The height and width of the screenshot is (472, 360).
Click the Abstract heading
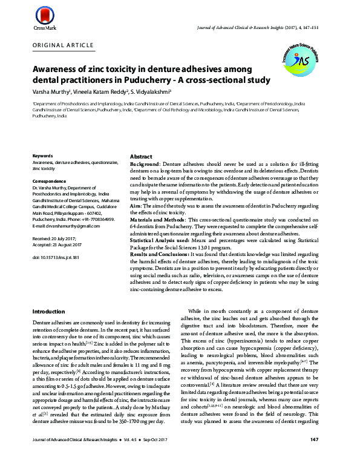tap(141, 157)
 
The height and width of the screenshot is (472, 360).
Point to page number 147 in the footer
tap(314, 456)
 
